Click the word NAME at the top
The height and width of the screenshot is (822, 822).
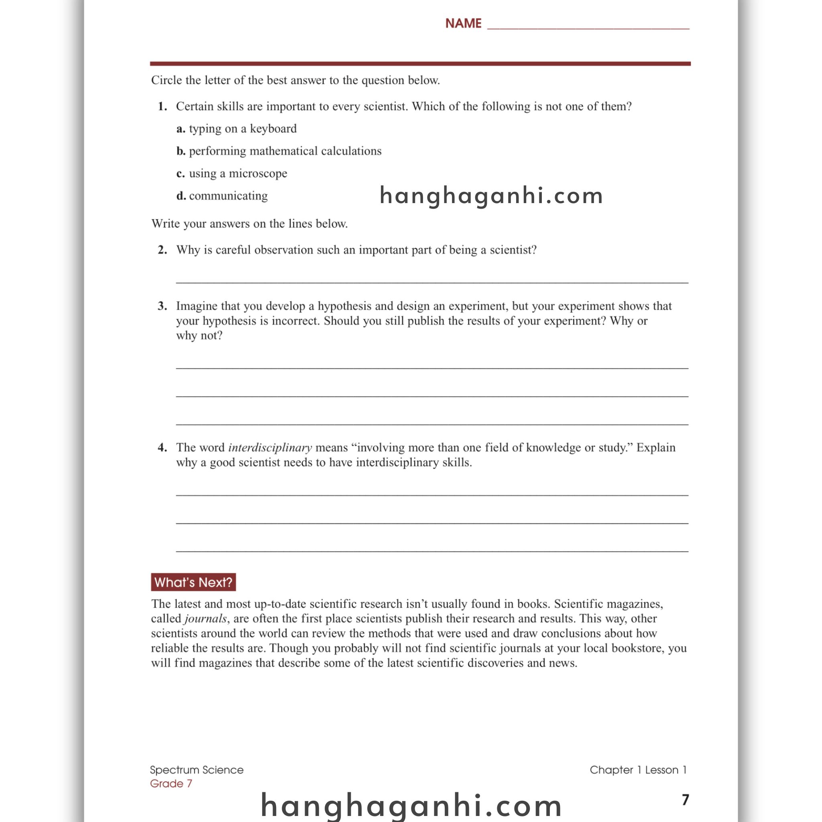[463, 23]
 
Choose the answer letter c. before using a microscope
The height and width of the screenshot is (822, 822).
[180, 173]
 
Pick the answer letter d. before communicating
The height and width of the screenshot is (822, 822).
[181, 196]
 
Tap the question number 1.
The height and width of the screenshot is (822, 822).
[162, 106]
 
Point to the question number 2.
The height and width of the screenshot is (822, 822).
[162, 250]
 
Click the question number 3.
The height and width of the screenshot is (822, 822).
[162, 306]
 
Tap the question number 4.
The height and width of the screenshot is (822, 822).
[162, 448]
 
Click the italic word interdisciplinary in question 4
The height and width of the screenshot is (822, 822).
[270, 448]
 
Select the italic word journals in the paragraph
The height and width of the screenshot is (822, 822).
[205, 619]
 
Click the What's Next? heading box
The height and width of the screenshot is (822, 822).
[193, 582]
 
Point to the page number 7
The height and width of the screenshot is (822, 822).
[685, 800]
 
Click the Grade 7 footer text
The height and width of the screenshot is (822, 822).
[171, 784]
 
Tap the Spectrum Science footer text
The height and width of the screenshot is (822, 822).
[197, 770]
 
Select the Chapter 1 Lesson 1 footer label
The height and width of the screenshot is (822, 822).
[638, 770]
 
